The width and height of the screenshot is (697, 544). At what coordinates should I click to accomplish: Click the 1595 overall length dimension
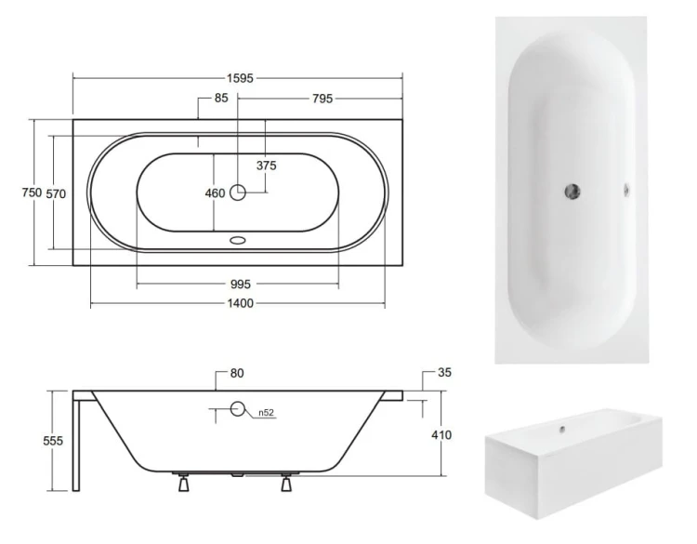(x=240, y=78)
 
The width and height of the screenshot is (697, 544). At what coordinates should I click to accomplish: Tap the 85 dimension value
(x=221, y=98)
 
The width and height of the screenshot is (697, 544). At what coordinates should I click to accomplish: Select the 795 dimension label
(x=322, y=99)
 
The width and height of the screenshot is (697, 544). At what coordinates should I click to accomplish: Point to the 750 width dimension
(x=32, y=192)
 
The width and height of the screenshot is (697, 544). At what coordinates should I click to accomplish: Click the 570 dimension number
(x=56, y=194)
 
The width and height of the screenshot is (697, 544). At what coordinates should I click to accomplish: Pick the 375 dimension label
(x=267, y=166)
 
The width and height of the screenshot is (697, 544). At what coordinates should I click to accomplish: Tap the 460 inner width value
(x=215, y=193)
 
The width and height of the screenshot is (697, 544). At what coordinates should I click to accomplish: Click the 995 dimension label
(x=241, y=284)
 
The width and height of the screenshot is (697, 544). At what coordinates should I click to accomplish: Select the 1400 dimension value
(x=241, y=303)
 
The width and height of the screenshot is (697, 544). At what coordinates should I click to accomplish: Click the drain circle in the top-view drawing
(x=238, y=192)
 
